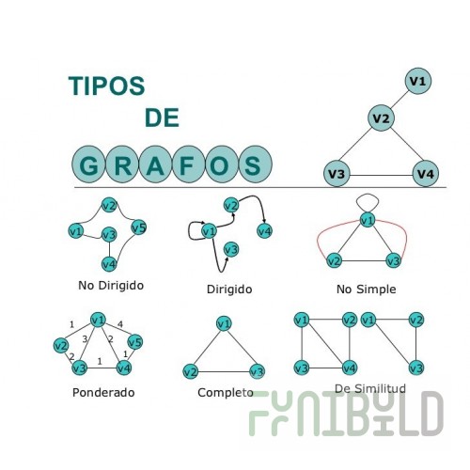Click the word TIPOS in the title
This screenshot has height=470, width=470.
pos(106,86)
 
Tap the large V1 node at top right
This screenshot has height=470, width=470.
pos(418,81)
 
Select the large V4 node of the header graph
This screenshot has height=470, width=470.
pos(426,173)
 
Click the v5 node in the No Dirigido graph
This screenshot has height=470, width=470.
pos(139,227)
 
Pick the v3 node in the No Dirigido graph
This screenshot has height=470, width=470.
pos(109,235)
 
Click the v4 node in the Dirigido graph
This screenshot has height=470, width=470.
pos(264,231)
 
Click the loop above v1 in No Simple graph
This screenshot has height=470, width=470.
pos(368,195)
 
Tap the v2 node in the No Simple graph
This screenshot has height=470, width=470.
pos(334,260)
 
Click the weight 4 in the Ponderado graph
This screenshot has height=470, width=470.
pos(120,324)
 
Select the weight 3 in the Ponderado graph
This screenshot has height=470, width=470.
pos(85,339)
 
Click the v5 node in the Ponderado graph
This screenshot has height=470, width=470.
pos(135,342)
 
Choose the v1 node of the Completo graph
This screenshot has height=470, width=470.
pos(224,323)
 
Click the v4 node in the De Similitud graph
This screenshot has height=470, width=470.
pos(349,368)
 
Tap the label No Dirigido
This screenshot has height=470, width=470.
pos(111,286)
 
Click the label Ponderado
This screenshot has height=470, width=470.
pos(103,392)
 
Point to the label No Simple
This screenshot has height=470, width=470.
pos(366,290)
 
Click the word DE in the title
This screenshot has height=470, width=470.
pos(162,117)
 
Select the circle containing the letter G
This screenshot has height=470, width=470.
pos(89,164)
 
